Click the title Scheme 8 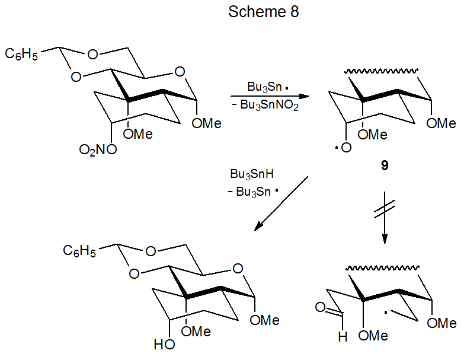point(264,12)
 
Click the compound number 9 point(385,166)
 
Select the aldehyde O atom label point(321,307)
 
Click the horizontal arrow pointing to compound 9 point(270,96)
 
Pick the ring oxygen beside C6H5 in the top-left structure point(92,55)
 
